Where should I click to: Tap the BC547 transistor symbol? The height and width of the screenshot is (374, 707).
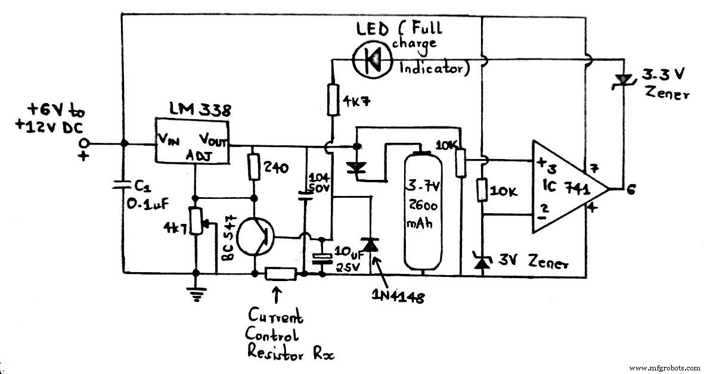click(x=255, y=234)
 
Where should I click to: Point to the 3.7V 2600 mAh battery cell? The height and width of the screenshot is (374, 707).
click(x=423, y=211)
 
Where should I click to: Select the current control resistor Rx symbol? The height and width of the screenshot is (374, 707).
click(x=280, y=274)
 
